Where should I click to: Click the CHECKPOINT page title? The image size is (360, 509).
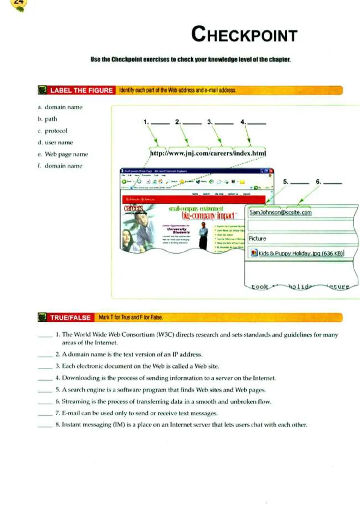[244, 35]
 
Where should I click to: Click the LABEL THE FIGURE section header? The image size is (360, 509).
[81, 90]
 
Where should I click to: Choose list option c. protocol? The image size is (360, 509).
[53, 131]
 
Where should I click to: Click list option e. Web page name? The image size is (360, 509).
[63, 154]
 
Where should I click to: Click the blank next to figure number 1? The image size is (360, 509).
[160, 122]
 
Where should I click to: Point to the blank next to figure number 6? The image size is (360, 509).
[333, 183]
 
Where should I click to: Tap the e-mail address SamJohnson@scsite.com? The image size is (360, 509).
[280, 213]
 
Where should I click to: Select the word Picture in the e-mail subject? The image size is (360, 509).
[257, 238]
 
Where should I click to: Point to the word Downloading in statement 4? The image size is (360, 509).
[79, 378]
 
